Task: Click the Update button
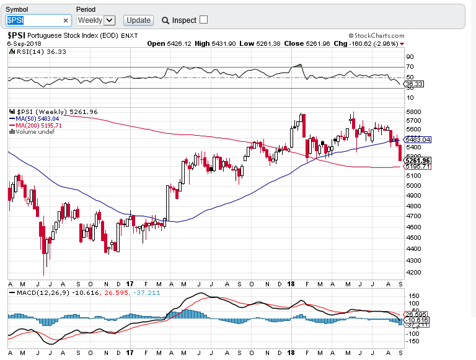(138, 20)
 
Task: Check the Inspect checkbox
(203, 20)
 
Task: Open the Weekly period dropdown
(96, 20)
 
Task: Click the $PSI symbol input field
(34, 20)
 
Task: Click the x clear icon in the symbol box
(66, 20)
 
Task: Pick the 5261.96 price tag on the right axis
(417, 160)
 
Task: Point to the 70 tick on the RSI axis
(410, 66)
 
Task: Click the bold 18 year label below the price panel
(291, 283)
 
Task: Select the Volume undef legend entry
(33, 131)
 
